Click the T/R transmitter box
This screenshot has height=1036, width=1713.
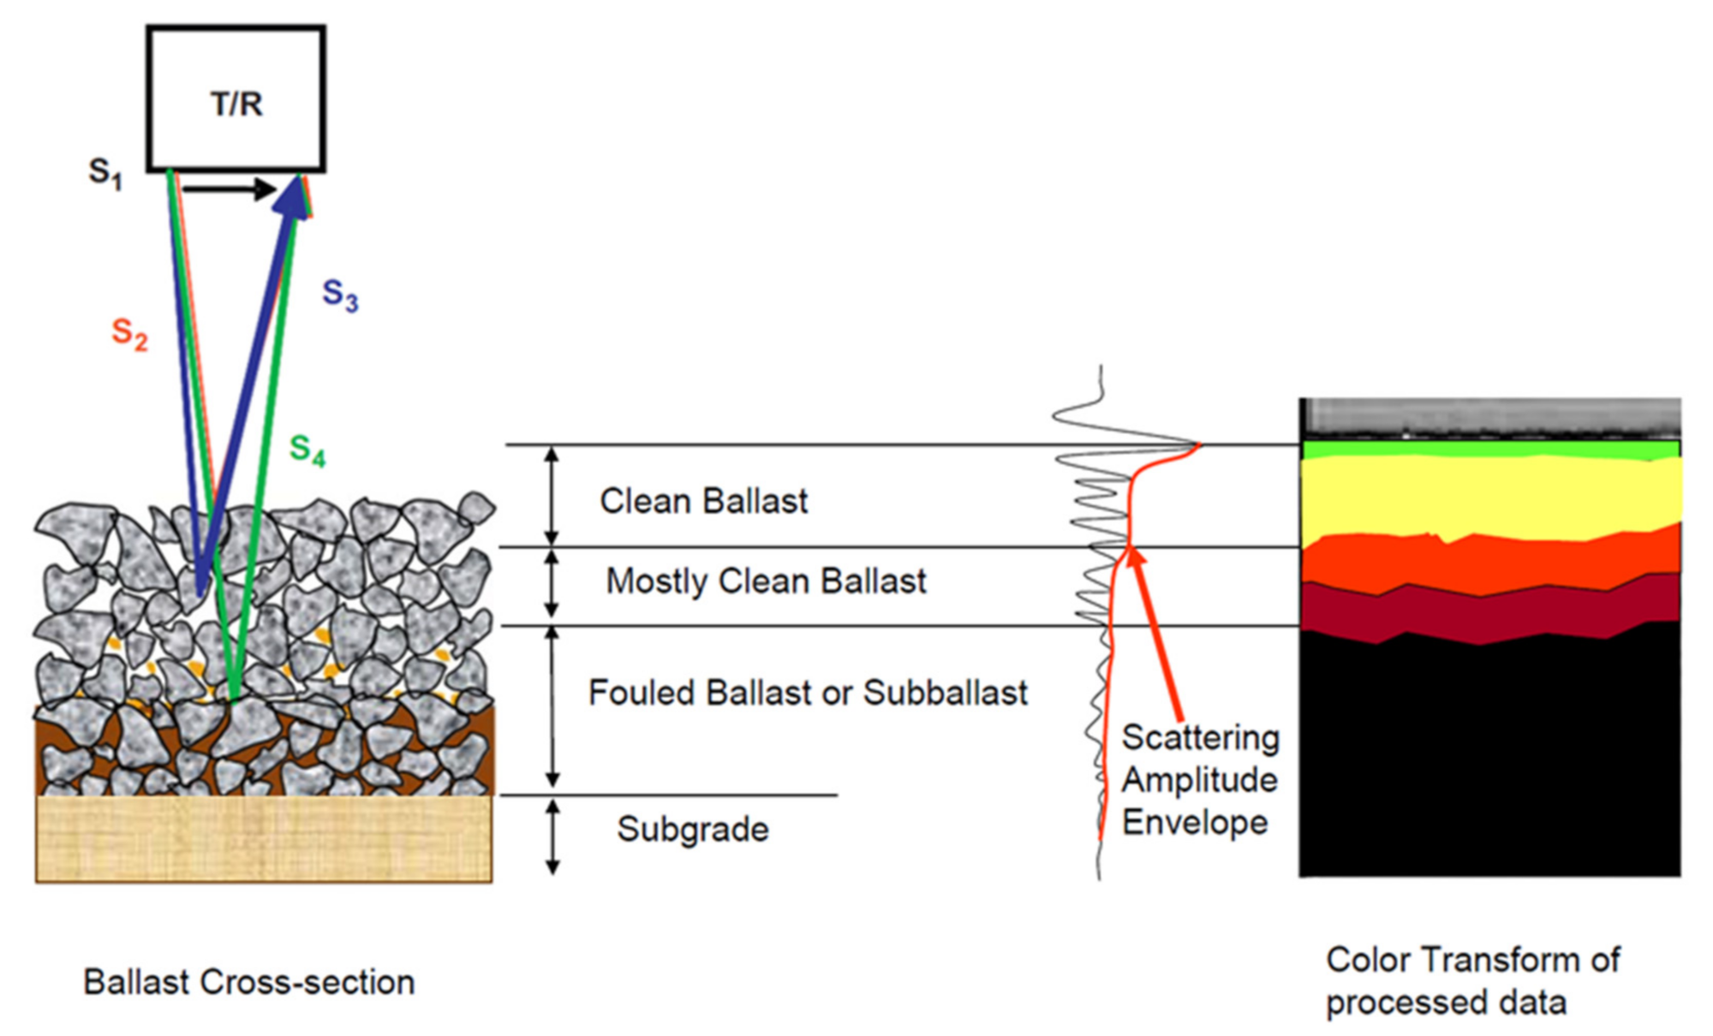click(236, 98)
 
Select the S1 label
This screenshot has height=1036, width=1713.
click(105, 174)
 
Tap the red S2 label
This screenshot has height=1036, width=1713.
click(129, 333)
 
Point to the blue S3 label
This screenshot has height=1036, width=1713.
click(340, 295)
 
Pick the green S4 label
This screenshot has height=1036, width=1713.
click(307, 450)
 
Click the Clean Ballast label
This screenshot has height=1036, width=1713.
click(703, 501)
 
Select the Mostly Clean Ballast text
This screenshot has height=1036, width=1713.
click(766, 581)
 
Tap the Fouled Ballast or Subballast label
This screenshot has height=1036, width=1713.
click(807, 693)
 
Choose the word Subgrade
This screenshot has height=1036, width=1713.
click(693, 829)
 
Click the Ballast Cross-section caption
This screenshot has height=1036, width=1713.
click(248, 982)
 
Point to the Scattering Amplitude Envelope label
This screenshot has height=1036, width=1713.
click(1199, 779)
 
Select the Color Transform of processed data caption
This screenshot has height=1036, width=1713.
click(1471, 980)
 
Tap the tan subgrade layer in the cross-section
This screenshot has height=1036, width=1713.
click(264, 839)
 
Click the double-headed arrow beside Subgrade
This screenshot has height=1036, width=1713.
click(552, 836)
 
